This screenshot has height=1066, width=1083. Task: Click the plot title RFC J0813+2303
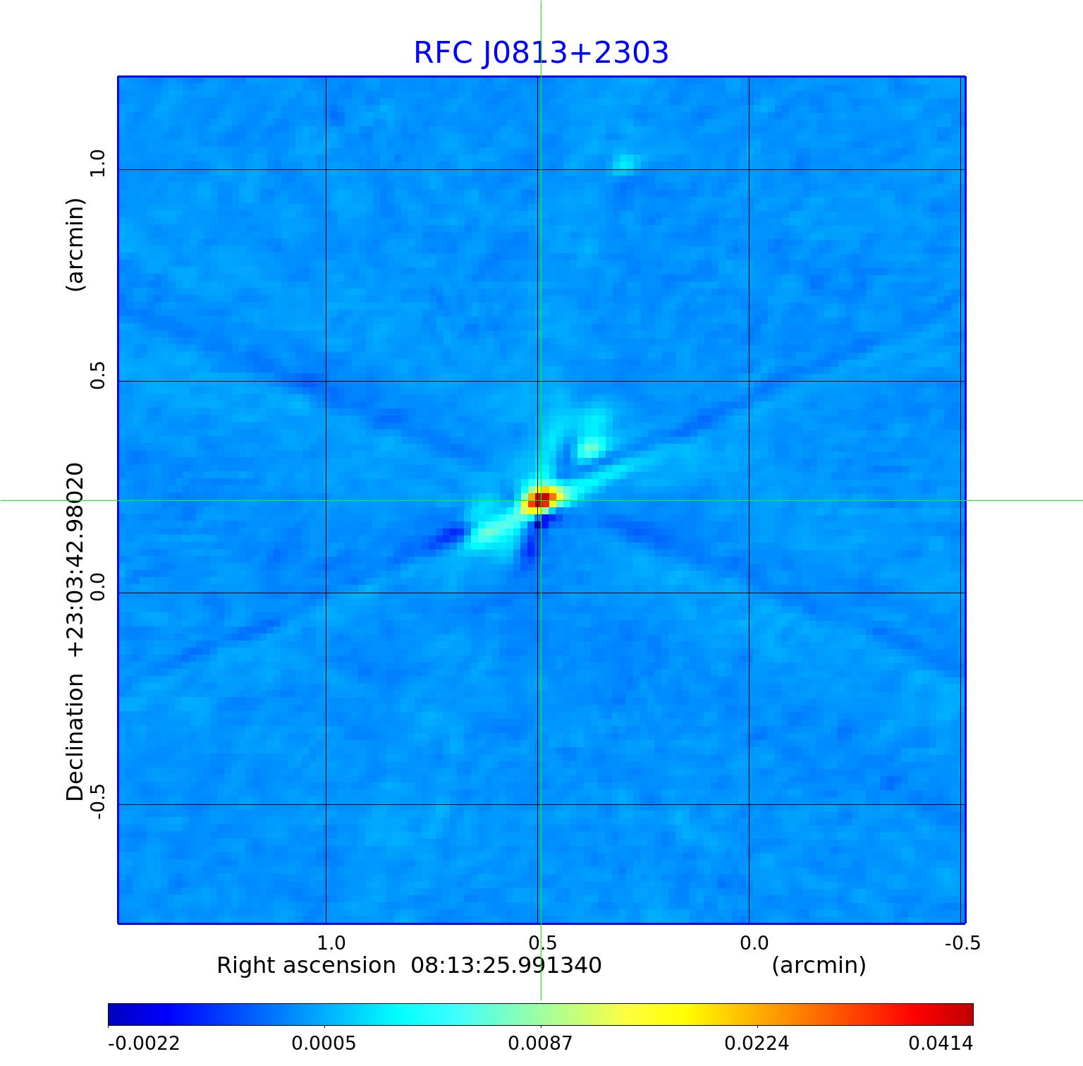coord(541,53)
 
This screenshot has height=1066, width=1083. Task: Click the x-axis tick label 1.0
coord(331,943)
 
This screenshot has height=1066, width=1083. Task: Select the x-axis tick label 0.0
coord(754,943)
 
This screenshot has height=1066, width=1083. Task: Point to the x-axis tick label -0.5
coord(962,943)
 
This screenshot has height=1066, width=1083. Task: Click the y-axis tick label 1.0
coord(97,164)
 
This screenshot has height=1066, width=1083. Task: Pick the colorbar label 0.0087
coord(541,1043)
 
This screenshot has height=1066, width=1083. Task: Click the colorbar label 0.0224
coord(757,1043)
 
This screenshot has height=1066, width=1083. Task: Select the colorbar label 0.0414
coord(941,1043)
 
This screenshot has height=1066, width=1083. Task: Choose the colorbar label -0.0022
coord(144,1043)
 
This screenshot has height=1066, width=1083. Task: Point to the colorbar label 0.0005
coord(324,1043)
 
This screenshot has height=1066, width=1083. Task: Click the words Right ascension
coord(306,965)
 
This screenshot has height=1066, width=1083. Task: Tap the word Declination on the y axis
coord(75,737)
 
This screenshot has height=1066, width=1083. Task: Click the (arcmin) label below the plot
coord(819,965)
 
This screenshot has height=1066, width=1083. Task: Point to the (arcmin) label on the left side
coord(75,244)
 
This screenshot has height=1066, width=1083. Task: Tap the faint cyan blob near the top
coord(623,164)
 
